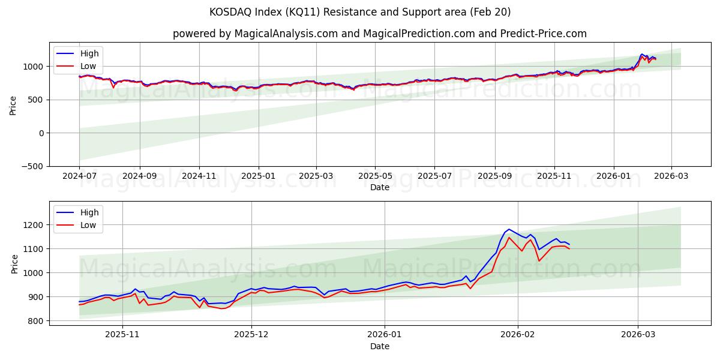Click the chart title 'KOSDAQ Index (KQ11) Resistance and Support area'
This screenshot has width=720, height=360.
pyautogui.click(x=360, y=12)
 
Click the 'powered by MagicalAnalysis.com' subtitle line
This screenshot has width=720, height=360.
pyautogui.click(x=379, y=34)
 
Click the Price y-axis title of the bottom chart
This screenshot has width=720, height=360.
pyautogui.click(x=14, y=264)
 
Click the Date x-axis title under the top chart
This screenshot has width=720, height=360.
pyautogui.click(x=379, y=187)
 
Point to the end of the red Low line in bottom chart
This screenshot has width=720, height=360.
pyautogui.click(x=569, y=248)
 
